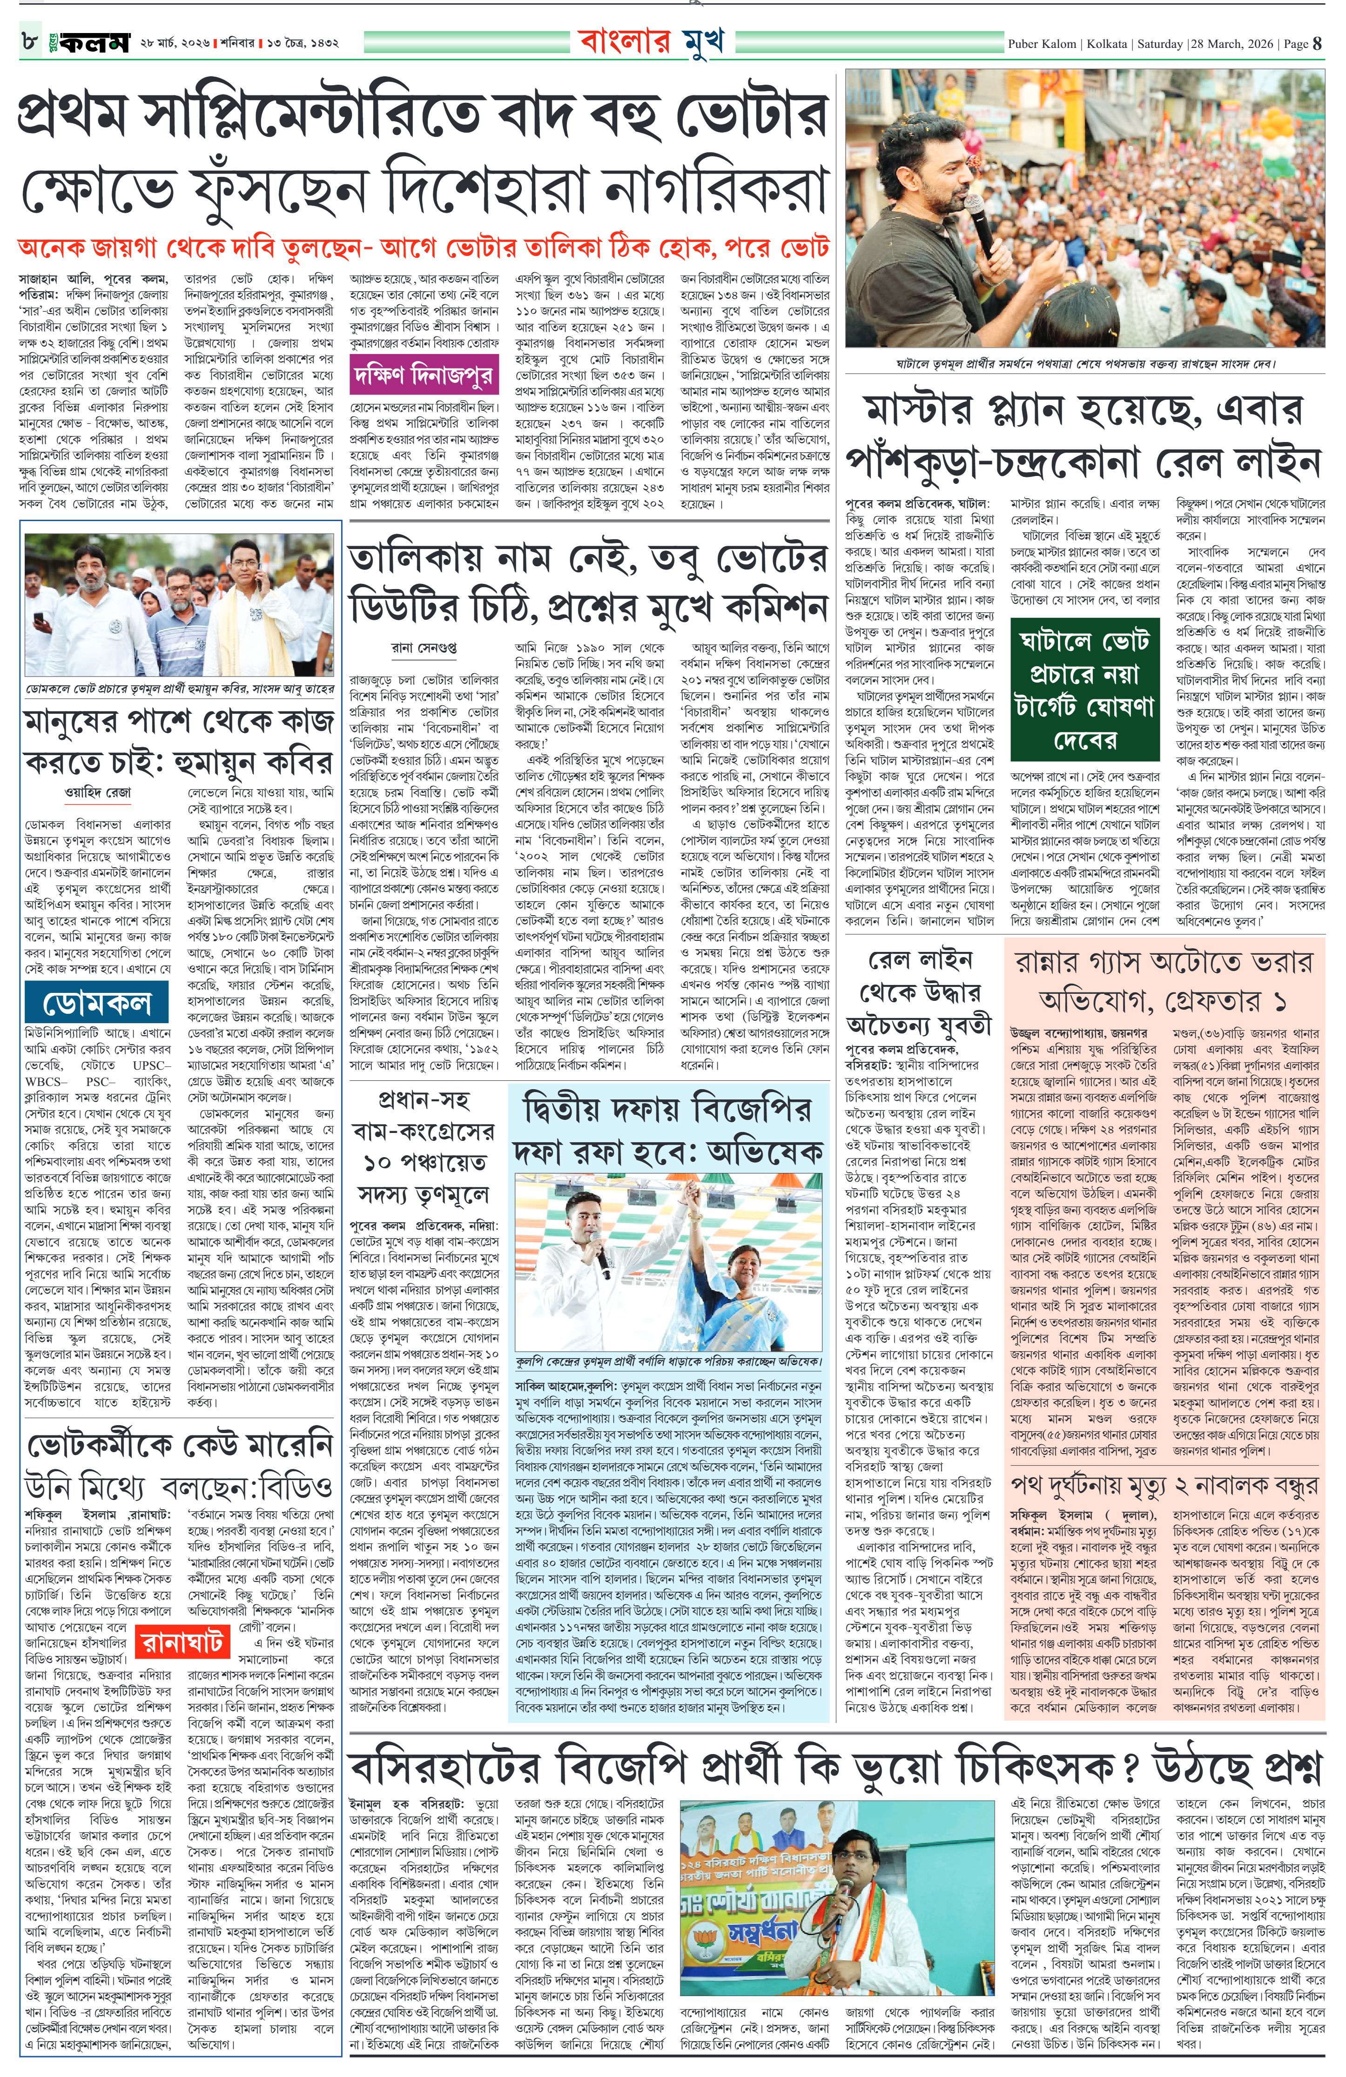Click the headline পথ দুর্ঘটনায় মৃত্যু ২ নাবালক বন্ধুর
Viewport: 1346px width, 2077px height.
coord(1164,1484)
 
